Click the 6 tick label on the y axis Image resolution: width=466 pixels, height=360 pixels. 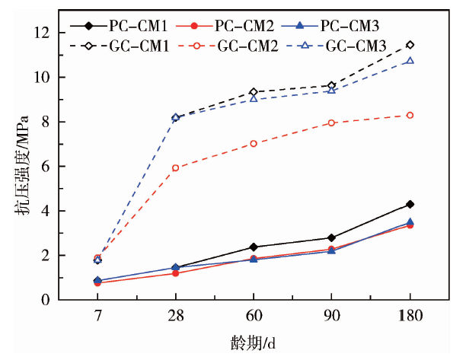[x=45, y=167]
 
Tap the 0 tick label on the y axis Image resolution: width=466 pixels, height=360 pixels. [x=45, y=300]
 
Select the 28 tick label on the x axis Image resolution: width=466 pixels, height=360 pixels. [x=175, y=315]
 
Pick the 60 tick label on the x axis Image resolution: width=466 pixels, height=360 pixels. [x=254, y=315]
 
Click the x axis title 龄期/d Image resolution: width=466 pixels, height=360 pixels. [x=254, y=341]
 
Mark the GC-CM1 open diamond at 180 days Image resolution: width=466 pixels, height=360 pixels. [x=410, y=45]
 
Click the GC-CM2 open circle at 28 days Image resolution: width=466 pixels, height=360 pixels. [x=175, y=167]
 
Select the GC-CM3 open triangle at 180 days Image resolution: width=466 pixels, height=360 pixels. [x=410, y=60]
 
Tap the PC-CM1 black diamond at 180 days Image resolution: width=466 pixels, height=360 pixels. [x=410, y=204]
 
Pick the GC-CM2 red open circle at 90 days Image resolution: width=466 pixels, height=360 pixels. [x=331, y=123]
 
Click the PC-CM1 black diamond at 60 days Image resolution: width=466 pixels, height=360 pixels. [x=254, y=247]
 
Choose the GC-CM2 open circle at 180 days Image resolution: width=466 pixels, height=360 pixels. [x=410, y=115]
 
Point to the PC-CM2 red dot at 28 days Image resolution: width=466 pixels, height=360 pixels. [x=175, y=272]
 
